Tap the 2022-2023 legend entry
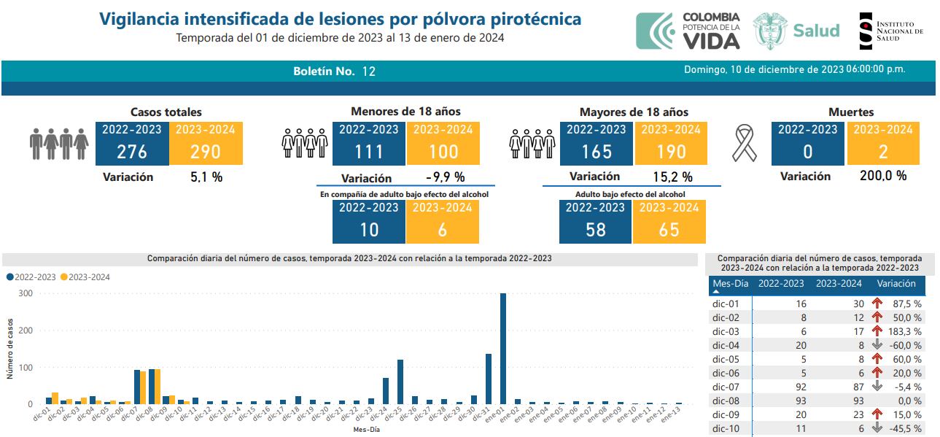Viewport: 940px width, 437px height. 32,277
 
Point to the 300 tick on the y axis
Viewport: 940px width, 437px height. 26,293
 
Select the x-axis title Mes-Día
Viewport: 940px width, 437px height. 365,430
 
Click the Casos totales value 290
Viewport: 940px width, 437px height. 206,152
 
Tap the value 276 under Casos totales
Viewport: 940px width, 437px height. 132,152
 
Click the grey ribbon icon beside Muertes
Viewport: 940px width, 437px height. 745,144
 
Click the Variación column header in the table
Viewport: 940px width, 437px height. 896,284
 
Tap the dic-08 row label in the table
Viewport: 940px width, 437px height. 726,401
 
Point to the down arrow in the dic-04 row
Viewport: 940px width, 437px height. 877,344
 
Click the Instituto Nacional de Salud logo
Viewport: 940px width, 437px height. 890,31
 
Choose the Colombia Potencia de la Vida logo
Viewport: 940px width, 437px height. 688,31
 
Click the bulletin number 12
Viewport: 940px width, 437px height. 368,71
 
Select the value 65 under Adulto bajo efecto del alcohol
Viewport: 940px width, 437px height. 669,229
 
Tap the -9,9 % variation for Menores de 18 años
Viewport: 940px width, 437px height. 445,178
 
